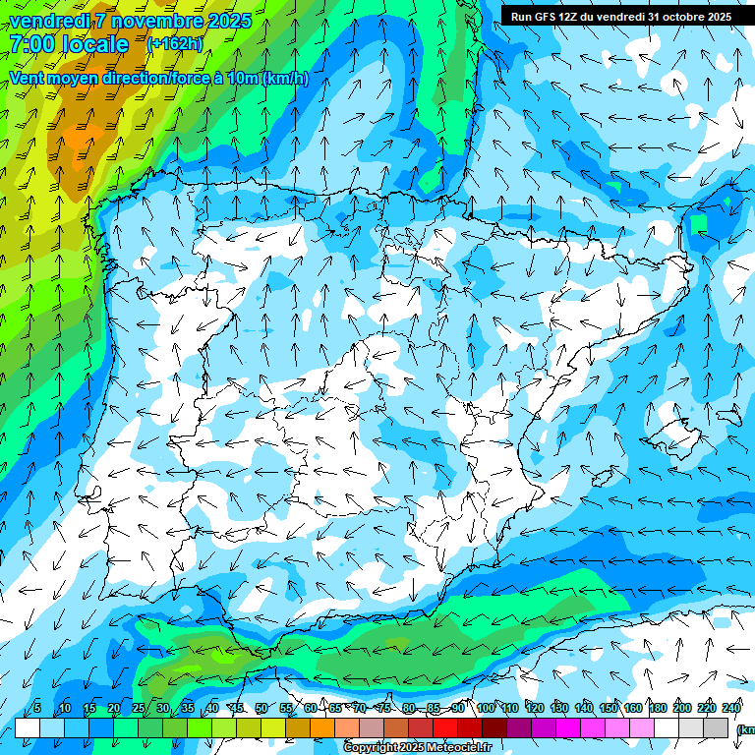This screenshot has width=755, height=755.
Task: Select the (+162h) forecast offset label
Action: (174, 44)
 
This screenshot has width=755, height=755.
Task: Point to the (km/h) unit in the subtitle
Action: (286, 78)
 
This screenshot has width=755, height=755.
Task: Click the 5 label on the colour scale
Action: (36, 708)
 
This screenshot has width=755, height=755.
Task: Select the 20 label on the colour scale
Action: (113, 708)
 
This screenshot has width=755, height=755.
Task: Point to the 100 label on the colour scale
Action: (486, 708)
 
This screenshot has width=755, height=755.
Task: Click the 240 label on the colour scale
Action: (731, 708)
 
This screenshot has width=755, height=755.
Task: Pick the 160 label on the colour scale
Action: (633, 708)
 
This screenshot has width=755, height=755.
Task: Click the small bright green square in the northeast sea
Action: (699, 223)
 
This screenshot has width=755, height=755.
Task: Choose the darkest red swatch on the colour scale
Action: (494, 727)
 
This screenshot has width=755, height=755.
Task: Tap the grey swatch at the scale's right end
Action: (716, 727)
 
